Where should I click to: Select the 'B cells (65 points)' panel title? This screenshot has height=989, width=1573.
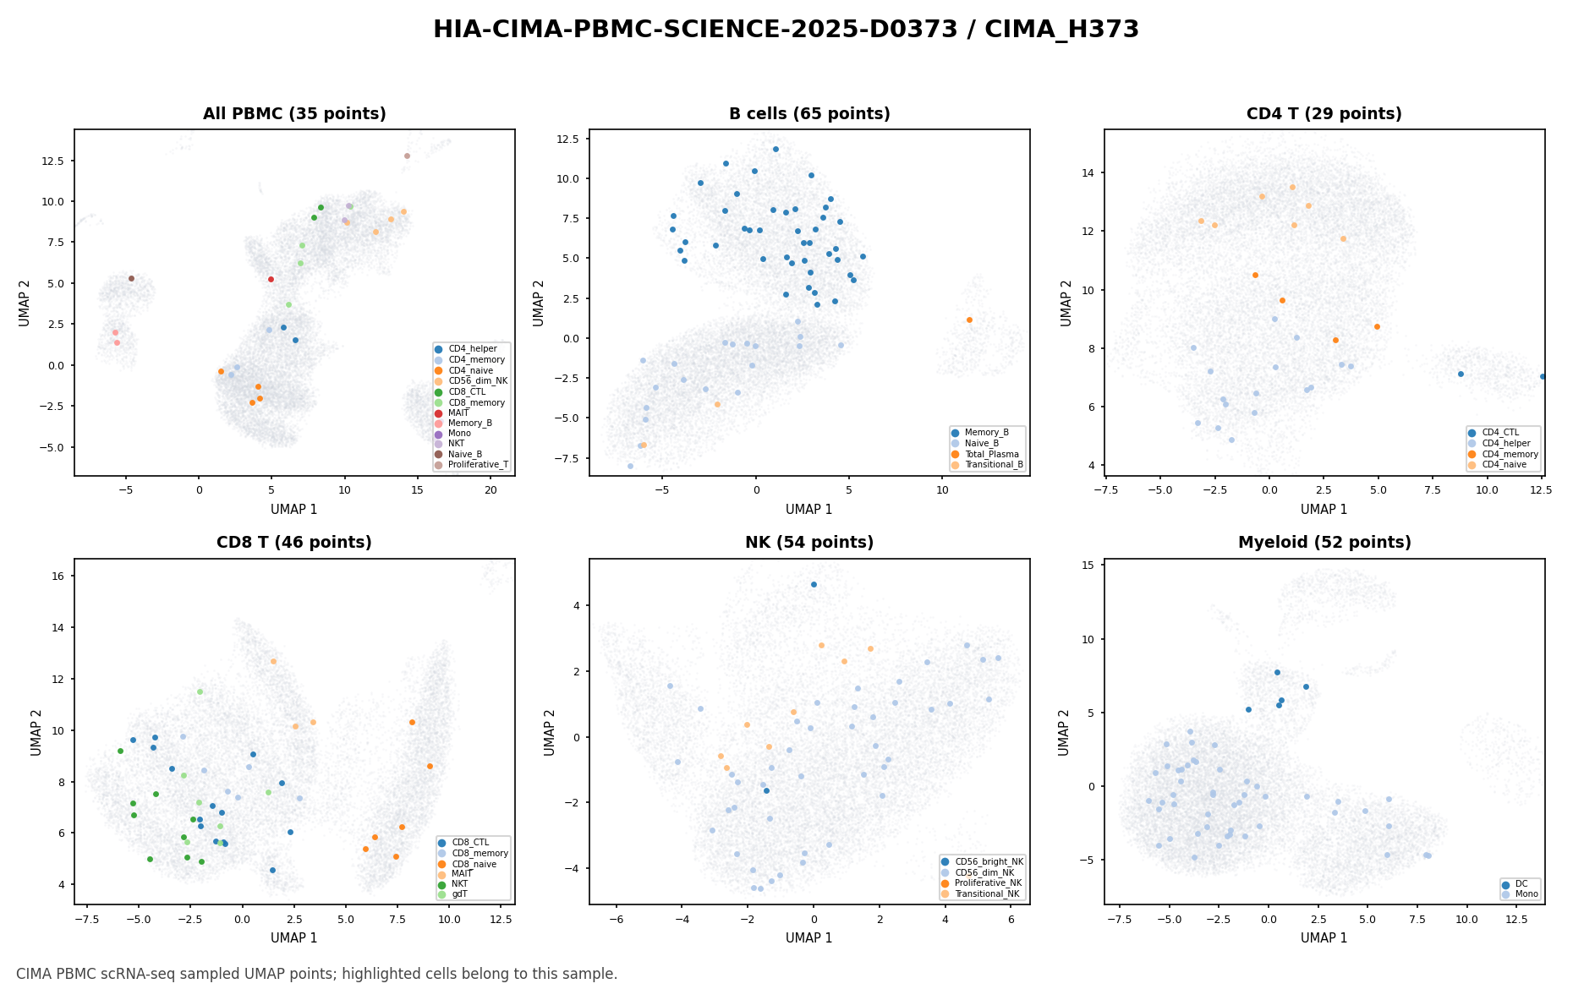pyautogui.click(x=809, y=114)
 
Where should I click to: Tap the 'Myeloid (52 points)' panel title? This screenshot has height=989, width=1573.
pyautogui.click(x=1324, y=543)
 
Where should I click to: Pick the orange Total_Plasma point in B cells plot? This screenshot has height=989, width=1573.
pyautogui.click(x=969, y=320)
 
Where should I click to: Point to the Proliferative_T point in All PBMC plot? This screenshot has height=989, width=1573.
pyautogui.click(x=407, y=156)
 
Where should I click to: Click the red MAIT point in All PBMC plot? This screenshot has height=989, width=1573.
pyautogui.click(x=271, y=279)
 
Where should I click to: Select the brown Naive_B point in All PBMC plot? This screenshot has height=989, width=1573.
pyautogui.click(x=131, y=278)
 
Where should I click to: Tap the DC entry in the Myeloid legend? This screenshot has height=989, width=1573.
pyautogui.click(x=1514, y=884)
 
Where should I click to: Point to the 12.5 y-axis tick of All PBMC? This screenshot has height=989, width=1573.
pyautogui.click(x=59, y=161)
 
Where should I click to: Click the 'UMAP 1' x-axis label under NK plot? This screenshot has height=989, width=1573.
pyautogui.click(x=809, y=938)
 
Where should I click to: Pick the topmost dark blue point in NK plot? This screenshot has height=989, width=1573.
pyautogui.click(x=814, y=584)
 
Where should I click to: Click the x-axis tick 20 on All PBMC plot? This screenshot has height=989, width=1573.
pyautogui.click(x=491, y=489)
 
